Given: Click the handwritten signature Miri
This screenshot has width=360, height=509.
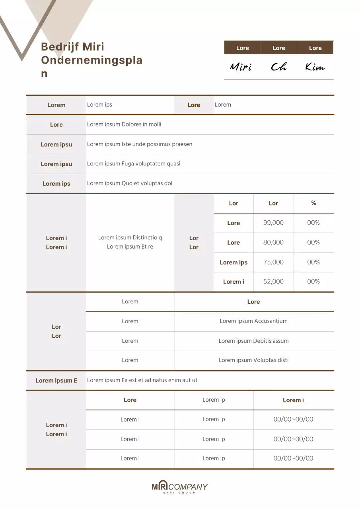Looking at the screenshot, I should click(x=241, y=67).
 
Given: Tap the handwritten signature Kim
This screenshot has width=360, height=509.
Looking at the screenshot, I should click(x=315, y=67).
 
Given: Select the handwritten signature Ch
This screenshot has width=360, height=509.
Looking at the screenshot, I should click(x=278, y=67).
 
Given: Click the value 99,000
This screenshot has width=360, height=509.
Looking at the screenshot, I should click(x=273, y=223).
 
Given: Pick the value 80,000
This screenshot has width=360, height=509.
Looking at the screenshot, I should click(x=273, y=242).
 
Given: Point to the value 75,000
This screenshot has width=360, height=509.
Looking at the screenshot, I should click(x=273, y=262).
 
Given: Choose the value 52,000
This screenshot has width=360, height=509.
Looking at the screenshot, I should click(x=273, y=282).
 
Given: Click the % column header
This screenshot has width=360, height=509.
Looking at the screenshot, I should click(x=313, y=203).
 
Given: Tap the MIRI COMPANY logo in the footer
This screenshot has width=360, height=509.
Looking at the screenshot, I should click(x=179, y=487).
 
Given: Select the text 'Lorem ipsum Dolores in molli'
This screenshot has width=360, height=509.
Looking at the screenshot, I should click(x=124, y=124).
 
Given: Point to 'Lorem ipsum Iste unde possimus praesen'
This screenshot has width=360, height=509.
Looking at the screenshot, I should click(x=140, y=144).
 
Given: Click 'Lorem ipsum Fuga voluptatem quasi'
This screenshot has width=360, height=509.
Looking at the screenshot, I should click(x=134, y=164).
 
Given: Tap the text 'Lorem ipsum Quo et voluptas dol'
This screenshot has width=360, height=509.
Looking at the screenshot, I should click(x=130, y=183).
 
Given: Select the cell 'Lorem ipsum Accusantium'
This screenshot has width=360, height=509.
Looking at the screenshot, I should click(x=253, y=321).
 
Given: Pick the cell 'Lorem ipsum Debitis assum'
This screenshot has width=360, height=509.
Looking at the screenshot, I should click(x=253, y=341).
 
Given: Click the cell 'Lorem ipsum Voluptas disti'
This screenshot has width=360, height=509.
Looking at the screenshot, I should click(x=253, y=360).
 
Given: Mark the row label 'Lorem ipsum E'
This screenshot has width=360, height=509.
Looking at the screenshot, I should click(x=56, y=381).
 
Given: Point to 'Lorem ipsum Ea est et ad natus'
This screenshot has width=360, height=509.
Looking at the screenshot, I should click(x=142, y=380).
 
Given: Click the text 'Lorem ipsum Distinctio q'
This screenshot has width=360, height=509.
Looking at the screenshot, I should click(x=130, y=238).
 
